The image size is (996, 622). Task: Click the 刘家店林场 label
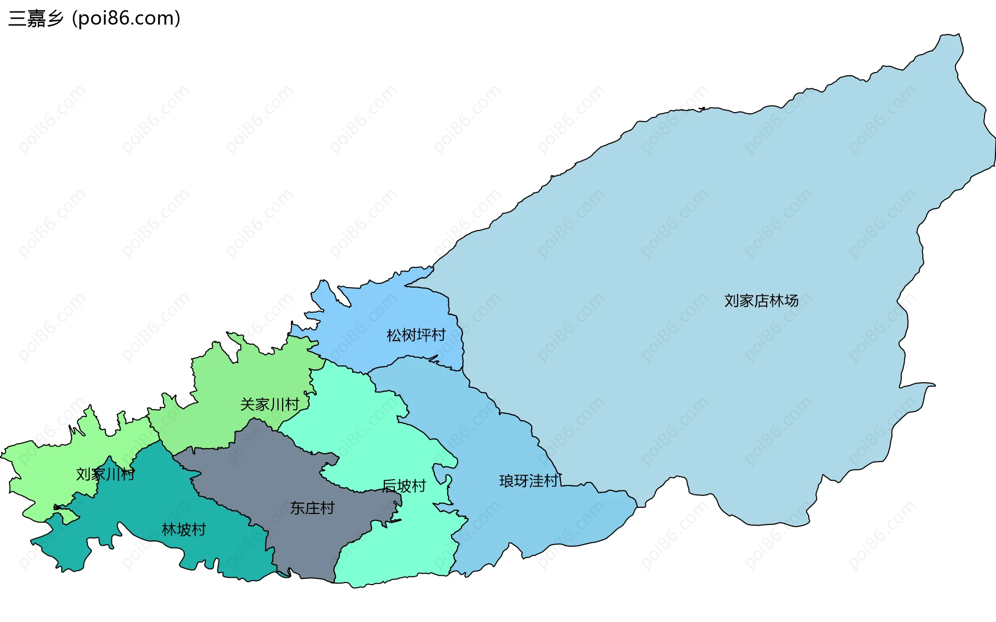pyautogui.click(x=761, y=301)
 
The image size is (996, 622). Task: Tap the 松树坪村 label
pyautogui.click(x=416, y=335)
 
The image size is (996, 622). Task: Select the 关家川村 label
pyautogui.click(x=270, y=404)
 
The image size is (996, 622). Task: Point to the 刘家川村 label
pyautogui.click(x=105, y=474)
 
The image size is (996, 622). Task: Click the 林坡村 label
pyautogui.click(x=184, y=530)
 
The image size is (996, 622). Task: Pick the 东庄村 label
pyautogui.click(x=312, y=508)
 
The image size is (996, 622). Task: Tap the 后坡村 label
pyautogui.click(x=404, y=486)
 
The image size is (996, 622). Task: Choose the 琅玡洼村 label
pyautogui.click(x=529, y=481)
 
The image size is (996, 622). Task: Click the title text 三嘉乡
pyautogui.click(x=36, y=19)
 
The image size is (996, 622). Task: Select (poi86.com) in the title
pyautogui.click(x=127, y=19)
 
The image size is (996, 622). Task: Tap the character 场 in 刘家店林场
pyautogui.click(x=792, y=301)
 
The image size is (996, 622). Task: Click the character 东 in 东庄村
pyautogui.click(x=297, y=508)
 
